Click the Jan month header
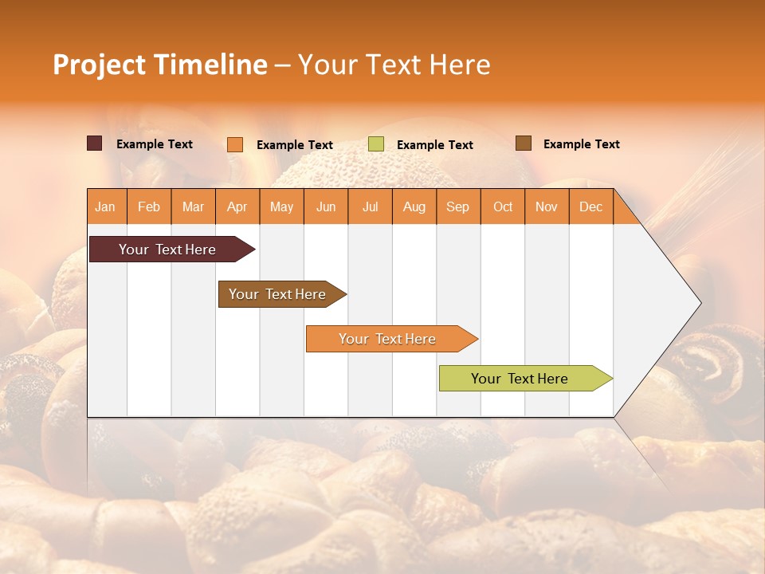pyautogui.click(x=106, y=206)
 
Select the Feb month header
pyautogui.click(x=149, y=206)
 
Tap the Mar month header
pyautogui.click(x=193, y=206)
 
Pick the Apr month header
pyautogui.click(x=237, y=206)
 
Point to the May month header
pyautogui.click(x=281, y=206)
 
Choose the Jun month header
pyautogui.click(x=326, y=206)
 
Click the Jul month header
pyautogui.click(x=371, y=206)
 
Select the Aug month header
pyautogui.click(x=414, y=206)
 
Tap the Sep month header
pyautogui.click(x=458, y=206)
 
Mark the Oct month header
pyautogui.click(x=503, y=206)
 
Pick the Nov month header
pyautogui.click(x=547, y=206)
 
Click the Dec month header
pyautogui.click(x=591, y=206)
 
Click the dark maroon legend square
pyautogui.click(x=95, y=143)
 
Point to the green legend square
pyautogui.click(x=376, y=144)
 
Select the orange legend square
pyautogui.click(x=235, y=144)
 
